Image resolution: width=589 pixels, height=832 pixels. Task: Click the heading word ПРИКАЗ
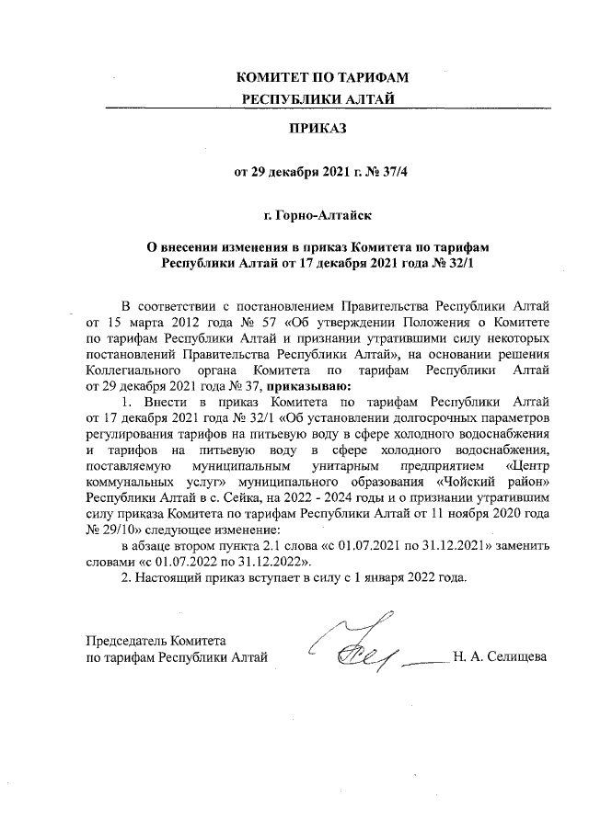[x=318, y=131]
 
